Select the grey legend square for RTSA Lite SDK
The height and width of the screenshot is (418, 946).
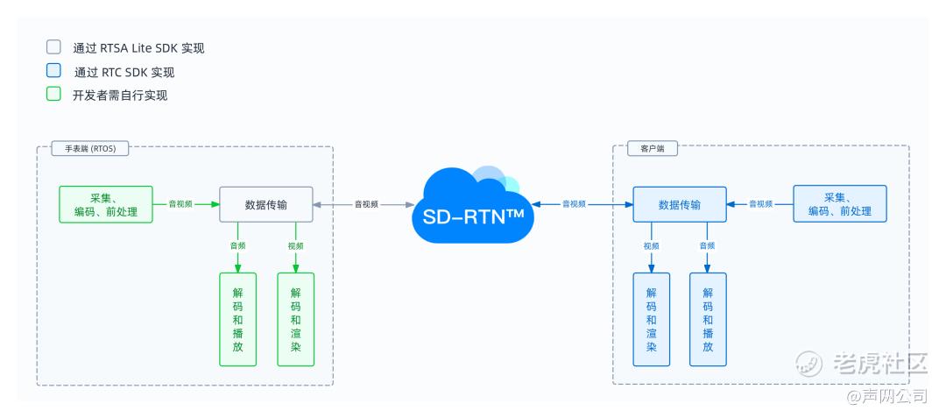coord(53,47)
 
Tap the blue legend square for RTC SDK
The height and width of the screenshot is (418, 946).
coord(53,71)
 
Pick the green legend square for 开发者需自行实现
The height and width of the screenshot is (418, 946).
coord(53,94)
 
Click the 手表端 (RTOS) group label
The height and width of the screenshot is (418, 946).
coord(90,148)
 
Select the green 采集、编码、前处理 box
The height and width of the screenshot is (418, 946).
coord(106,204)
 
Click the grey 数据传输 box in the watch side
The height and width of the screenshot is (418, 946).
coord(266,204)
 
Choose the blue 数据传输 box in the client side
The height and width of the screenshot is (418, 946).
coord(680,204)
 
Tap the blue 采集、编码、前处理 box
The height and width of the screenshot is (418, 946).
coord(840,204)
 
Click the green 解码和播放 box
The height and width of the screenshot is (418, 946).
coord(237,319)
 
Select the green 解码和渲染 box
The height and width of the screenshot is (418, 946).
coord(296,319)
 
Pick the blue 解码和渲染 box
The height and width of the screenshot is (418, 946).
coord(652,319)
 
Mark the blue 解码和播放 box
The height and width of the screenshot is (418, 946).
coord(709,319)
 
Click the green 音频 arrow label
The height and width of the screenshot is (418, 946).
coord(237,246)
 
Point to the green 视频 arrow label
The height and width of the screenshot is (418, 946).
coord(296,246)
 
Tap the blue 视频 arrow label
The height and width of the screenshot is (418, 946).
coord(652,246)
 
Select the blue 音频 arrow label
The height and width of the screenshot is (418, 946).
coord(707,246)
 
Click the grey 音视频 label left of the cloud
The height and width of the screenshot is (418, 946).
coord(366,204)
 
